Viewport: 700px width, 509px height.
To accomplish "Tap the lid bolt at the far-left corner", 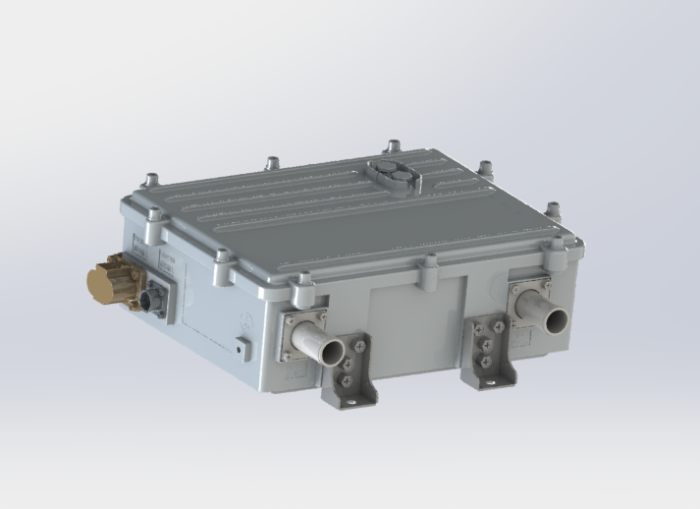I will (x=149, y=180).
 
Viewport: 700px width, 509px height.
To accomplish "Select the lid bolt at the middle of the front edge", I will (x=429, y=262).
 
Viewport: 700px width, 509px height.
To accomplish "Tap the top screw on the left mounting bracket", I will (x=360, y=344).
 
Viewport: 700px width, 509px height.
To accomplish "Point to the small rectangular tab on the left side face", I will (x=241, y=346).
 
